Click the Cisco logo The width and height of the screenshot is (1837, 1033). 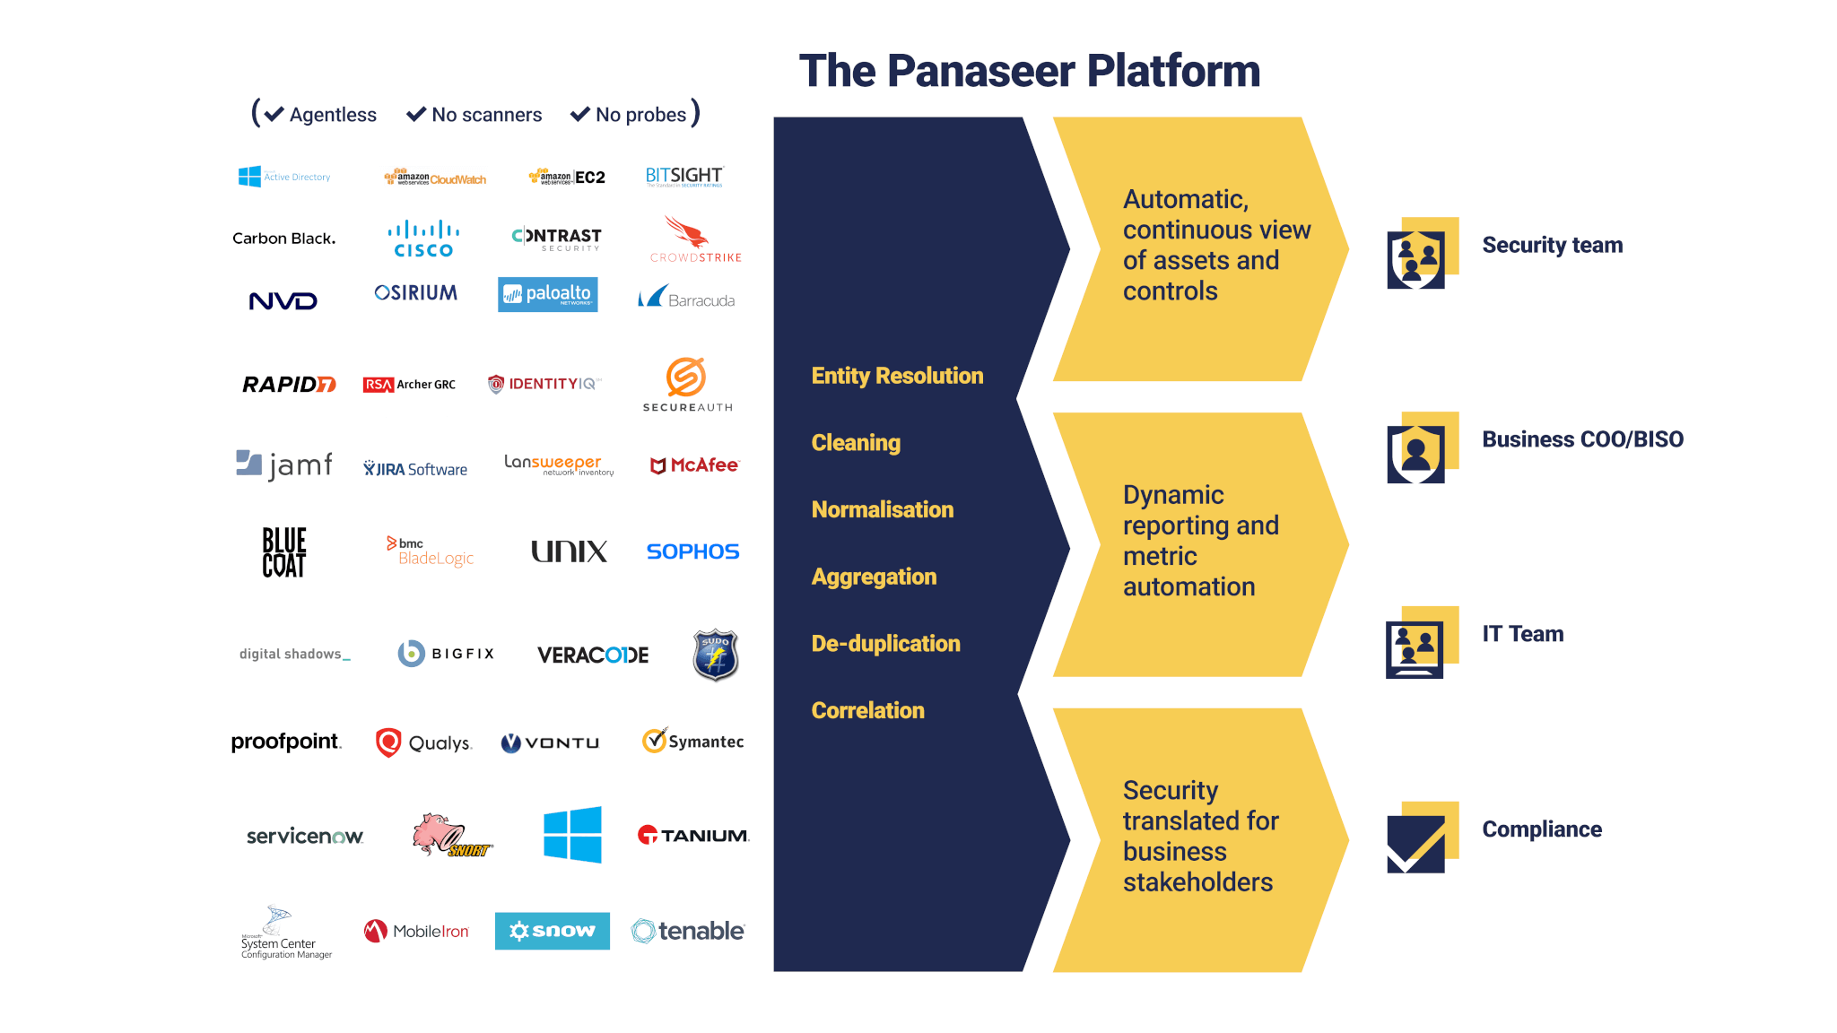423,239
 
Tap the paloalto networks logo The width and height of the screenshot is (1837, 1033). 547,294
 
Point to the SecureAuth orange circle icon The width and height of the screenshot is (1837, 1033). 686,378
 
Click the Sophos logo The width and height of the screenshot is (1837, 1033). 692,551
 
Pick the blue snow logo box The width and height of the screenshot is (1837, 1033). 552,931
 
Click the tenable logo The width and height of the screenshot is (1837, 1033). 688,931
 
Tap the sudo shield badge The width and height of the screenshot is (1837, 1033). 715,655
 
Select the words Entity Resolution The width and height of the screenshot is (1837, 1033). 897,376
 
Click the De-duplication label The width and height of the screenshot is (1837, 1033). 885,644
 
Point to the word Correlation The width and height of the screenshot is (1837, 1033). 867,710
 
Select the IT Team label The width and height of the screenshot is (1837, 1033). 1522,634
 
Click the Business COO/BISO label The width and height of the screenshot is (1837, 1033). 1582,439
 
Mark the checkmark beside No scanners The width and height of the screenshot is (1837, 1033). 416,115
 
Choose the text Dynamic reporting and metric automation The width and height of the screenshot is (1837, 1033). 1200,541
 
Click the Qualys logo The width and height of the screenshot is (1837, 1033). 423,742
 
